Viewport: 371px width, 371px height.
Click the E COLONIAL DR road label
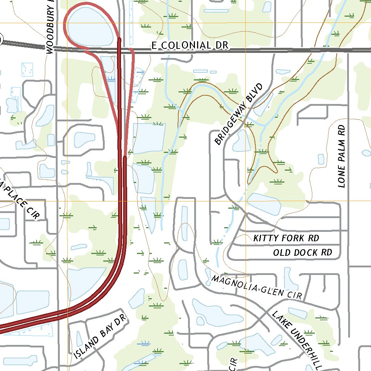coord(190,45)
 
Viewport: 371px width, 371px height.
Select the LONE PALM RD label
coord(341,156)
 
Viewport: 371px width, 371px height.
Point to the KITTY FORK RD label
coord(286,238)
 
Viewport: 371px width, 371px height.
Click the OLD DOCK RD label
coord(303,252)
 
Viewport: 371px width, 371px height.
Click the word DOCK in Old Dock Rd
coord(305,252)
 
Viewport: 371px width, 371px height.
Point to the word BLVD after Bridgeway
coord(256,94)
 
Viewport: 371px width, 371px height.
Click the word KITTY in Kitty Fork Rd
coord(266,238)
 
